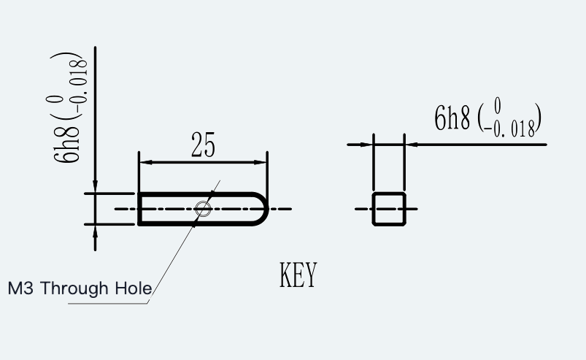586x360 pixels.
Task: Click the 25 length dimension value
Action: point(204,145)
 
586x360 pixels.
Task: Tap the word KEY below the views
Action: point(298,275)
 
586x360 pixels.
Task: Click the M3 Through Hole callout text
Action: point(80,288)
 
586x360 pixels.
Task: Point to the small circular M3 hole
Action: point(203,209)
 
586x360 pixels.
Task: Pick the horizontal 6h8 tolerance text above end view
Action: point(487,118)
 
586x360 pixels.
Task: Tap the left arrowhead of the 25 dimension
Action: point(146,162)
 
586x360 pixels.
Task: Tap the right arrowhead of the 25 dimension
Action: point(260,162)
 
